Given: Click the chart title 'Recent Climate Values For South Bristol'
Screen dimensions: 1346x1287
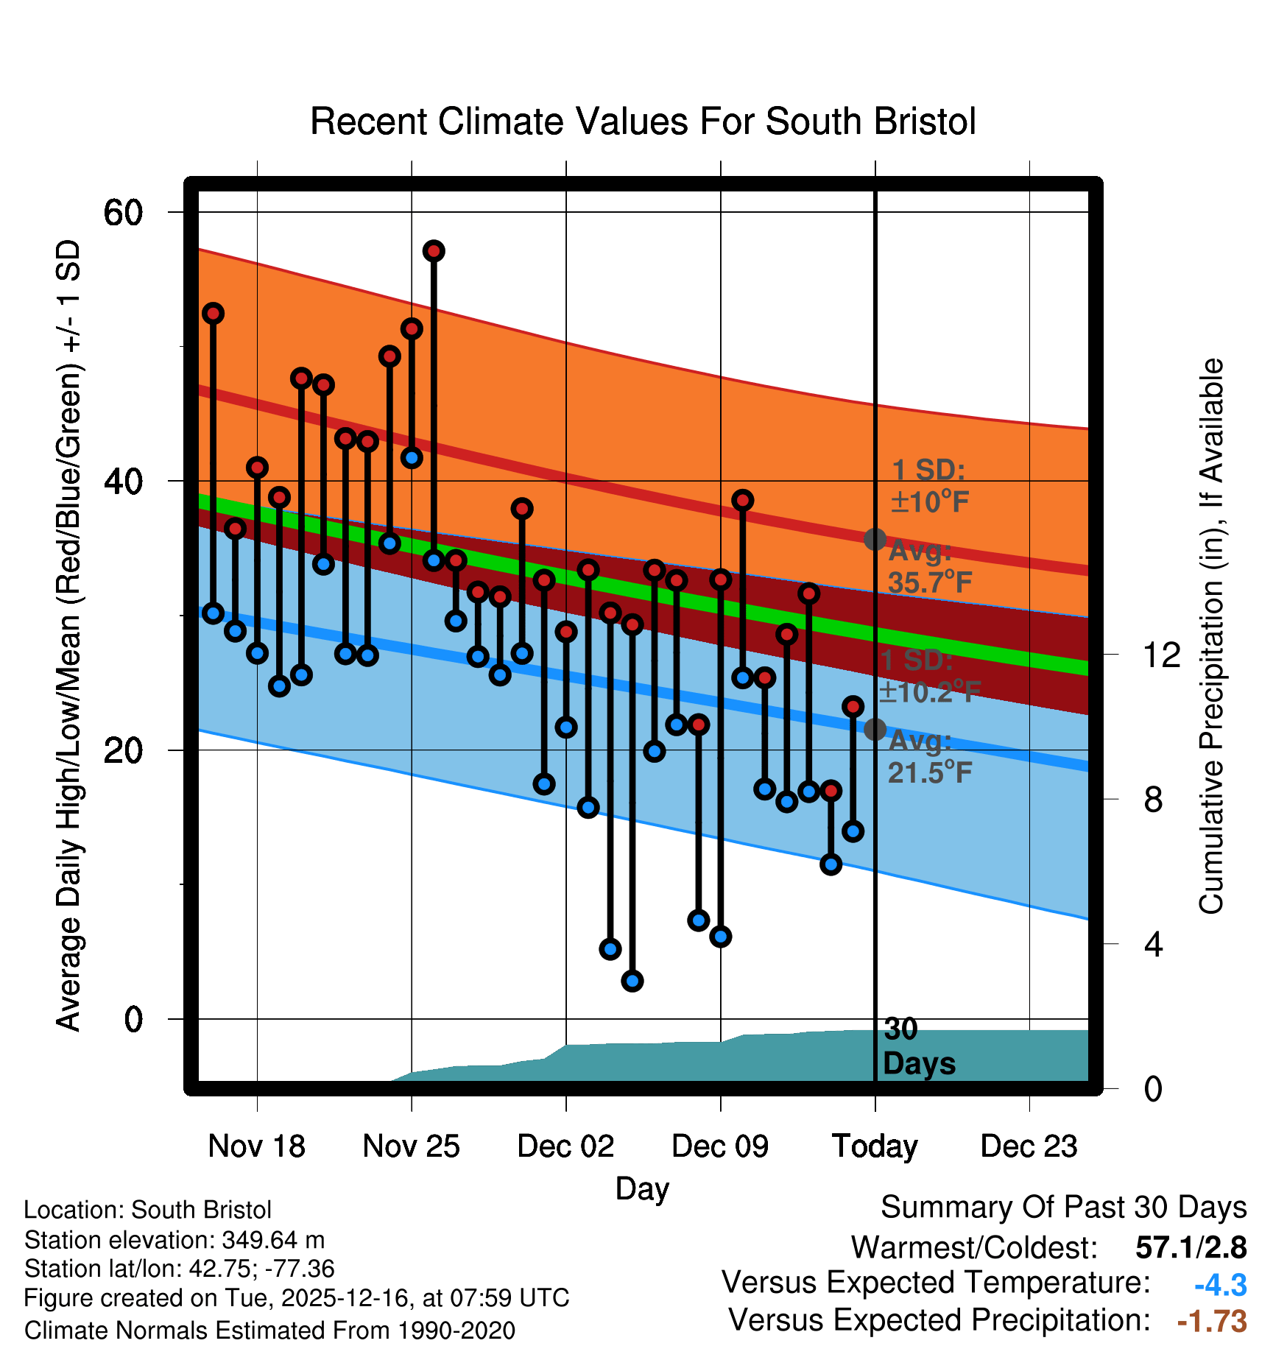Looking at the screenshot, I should click(x=643, y=121).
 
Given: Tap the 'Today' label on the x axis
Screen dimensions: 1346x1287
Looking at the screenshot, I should click(x=875, y=1146).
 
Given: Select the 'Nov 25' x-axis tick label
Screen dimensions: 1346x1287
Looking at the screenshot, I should click(x=411, y=1146).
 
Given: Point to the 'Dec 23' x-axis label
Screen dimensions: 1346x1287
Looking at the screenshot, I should click(x=1029, y=1146).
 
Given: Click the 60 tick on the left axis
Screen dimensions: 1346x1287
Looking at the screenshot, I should click(x=123, y=213).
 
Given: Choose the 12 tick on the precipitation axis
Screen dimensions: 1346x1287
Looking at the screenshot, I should click(x=1161, y=655).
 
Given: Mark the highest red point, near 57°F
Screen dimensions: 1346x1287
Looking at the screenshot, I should click(x=434, y=251).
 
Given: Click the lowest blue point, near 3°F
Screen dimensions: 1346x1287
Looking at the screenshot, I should click(x=632, y=981).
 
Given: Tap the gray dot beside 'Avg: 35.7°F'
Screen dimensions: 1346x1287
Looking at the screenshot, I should click(x=875, y=539).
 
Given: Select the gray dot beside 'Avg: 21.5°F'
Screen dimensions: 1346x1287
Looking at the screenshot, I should click(x=875, y=730).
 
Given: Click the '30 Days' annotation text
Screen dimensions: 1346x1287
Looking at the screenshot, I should click(x=918, y=1046).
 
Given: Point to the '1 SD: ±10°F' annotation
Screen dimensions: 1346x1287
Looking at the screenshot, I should click(x=929, y=486).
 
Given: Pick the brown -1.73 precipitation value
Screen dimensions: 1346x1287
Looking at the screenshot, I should click(x=1212, y=1321).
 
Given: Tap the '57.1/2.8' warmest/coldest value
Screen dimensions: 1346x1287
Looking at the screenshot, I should click(x=1191, y=1247).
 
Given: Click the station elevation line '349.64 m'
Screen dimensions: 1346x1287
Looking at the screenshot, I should click(x=174, y=1240).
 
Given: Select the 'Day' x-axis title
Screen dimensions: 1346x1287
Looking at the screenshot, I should click(x=642, y=1188).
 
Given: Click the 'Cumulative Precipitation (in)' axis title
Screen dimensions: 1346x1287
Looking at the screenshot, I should click(x=1211, y=636).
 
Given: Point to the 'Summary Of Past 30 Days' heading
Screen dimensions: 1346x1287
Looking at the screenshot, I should click(x=1063, y=1208).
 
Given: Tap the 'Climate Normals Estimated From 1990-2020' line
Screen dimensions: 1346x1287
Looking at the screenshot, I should click(x=269, y=1331).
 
